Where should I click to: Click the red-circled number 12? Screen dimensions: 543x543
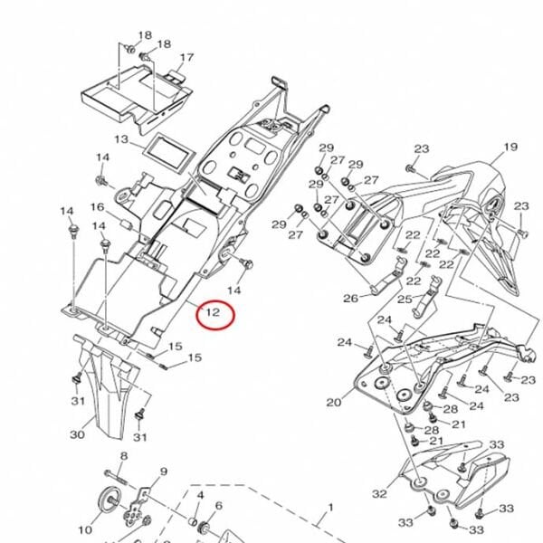click(214, 314)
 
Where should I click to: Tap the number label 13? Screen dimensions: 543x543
click(123, 139)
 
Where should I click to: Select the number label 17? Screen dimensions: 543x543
click(186, 58)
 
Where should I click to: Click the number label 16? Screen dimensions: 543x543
click(97, 207)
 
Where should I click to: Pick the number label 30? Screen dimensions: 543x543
click(77, 435)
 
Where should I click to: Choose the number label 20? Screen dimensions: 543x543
click(333, 403)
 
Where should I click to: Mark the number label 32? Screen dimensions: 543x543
click(379, 493)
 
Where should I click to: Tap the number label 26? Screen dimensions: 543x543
click(350, 298)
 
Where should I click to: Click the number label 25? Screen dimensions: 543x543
click(405, 299)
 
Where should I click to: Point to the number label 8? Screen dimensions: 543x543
click(124, 455)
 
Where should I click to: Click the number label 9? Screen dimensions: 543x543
click(164, 472)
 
